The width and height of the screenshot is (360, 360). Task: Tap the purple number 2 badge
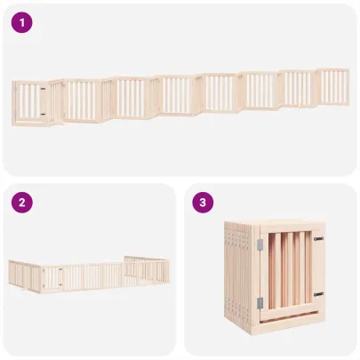pos(21,203)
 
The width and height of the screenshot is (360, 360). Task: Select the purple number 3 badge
pos(204,203)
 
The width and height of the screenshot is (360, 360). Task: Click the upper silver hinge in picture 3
pos(260,244)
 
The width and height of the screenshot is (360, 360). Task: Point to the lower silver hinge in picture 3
pos(260,302)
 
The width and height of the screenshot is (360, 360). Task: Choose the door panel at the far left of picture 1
pos(30,100)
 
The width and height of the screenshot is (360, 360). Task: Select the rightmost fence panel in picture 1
pos(334,86)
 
